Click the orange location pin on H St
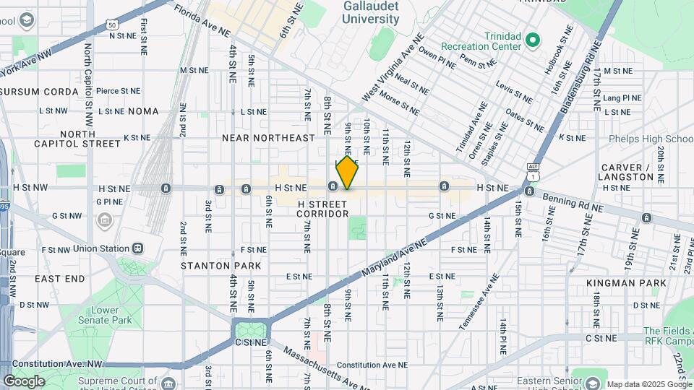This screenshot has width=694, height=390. (x=347, y=173)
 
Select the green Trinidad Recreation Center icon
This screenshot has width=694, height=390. (x=533, y=39)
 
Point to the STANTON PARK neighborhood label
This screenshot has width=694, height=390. (x=220, y=266)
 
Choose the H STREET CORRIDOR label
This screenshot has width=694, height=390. (x=322, y=209)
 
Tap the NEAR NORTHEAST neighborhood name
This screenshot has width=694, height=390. (x=268, y=137)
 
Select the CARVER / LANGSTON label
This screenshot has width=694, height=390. (x=627, y=172)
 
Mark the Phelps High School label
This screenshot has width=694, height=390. (x=651, y=139)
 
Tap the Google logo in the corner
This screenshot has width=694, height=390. (x=24, y=381)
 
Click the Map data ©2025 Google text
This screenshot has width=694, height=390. (x=649, y=384)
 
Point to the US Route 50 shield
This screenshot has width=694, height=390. (x=111, y=25)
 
